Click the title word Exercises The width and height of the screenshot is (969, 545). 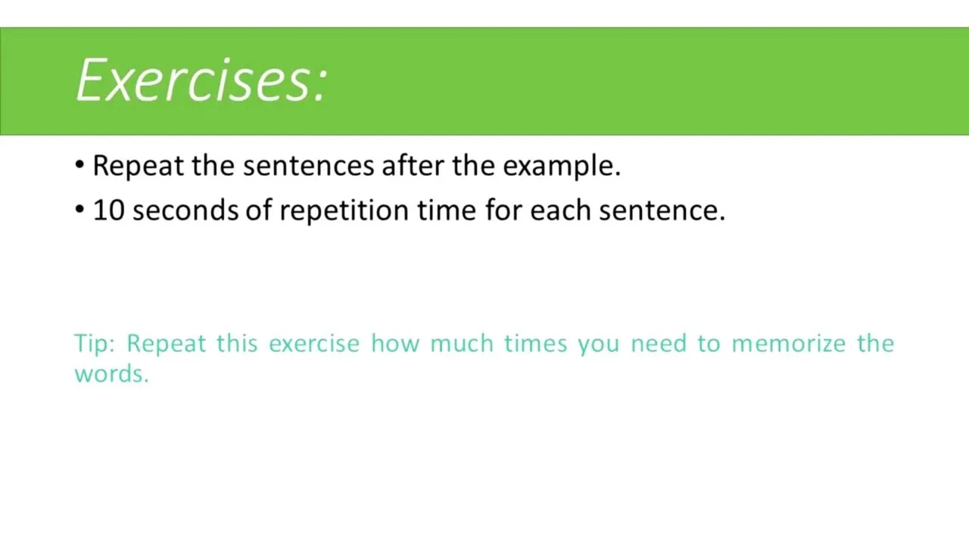201,81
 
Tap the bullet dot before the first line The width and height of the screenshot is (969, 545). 79,164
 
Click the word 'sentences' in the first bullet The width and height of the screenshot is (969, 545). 308,166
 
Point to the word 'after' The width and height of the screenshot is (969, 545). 413,165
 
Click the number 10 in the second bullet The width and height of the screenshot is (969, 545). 109,210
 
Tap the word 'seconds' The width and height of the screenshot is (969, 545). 185,210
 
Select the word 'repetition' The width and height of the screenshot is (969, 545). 344,211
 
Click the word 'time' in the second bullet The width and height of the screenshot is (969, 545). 447,210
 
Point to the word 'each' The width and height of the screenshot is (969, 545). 560,210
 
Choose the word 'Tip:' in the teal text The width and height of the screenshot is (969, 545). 95,344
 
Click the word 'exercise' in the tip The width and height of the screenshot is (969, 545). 314,344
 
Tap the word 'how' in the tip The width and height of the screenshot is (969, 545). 395,344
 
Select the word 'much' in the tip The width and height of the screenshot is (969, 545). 462,344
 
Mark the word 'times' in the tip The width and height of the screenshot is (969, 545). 535,344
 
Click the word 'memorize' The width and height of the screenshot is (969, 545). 789,344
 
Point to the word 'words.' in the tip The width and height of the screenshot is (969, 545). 111,374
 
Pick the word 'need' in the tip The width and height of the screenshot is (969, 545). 659,344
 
